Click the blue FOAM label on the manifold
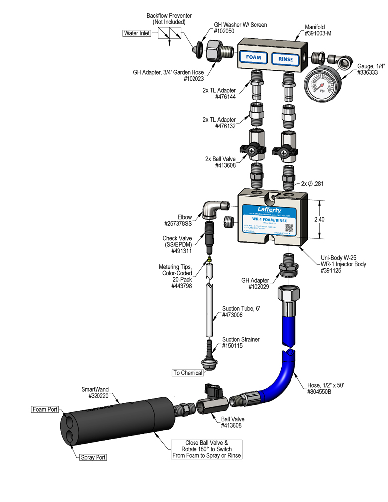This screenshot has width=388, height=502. pyautogui.click(x=254, y=58)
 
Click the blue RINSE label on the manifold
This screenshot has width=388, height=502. pyautogui.click(x=286, y=59)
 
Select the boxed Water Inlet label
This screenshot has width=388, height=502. pyautogui.click(x=137, y=33)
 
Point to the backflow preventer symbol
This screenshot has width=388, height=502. pyautogui.click(x=170, y=34)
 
